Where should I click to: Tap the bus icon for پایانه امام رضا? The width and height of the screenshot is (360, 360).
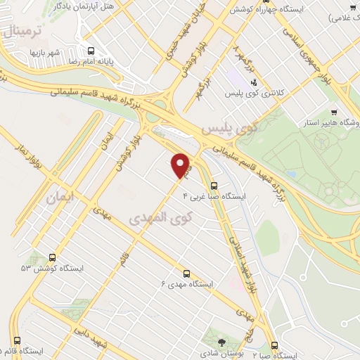pyautogui.click(x=90, y=51)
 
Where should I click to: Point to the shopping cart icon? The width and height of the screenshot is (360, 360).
pyautogui.click(x=334, y=112)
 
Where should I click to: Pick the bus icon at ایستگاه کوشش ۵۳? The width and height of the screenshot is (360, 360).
pyautogui.click(x=53, y=258)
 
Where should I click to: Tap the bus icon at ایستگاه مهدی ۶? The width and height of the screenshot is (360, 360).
pyautogui.click(x=186, y=273)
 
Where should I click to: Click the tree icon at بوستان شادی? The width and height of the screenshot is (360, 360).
pyautogui.click(x=222, y=343)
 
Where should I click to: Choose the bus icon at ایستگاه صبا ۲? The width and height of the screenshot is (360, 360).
pyautogui.click(x=274, y=345)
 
